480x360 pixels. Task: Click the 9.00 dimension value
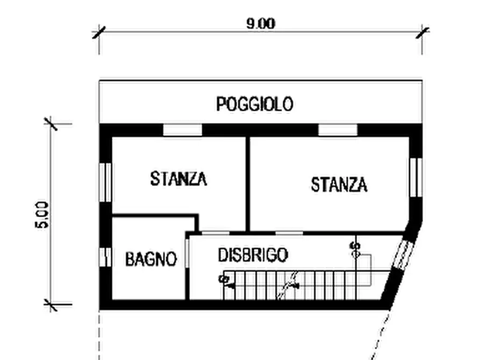(x=261, y=24)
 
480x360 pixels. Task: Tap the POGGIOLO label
(x=255, y=104)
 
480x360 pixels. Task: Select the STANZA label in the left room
(x=178, y=178)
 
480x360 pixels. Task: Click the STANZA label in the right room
(x=339, y=184)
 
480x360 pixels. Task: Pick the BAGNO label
(x=151, y=260)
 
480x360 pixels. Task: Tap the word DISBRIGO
(x=253, y=255)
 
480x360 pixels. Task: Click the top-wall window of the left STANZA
(x=182, y=130)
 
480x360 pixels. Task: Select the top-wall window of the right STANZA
(x=338, y=130)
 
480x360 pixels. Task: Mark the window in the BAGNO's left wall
(x=105, y=257)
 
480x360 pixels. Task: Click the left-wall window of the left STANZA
(x=105, y=182)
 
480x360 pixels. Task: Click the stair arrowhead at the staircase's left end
(x=229, y=286)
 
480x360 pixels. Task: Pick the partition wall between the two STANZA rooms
(x=247, y=183)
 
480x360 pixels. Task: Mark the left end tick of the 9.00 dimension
(x=99, y=32)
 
